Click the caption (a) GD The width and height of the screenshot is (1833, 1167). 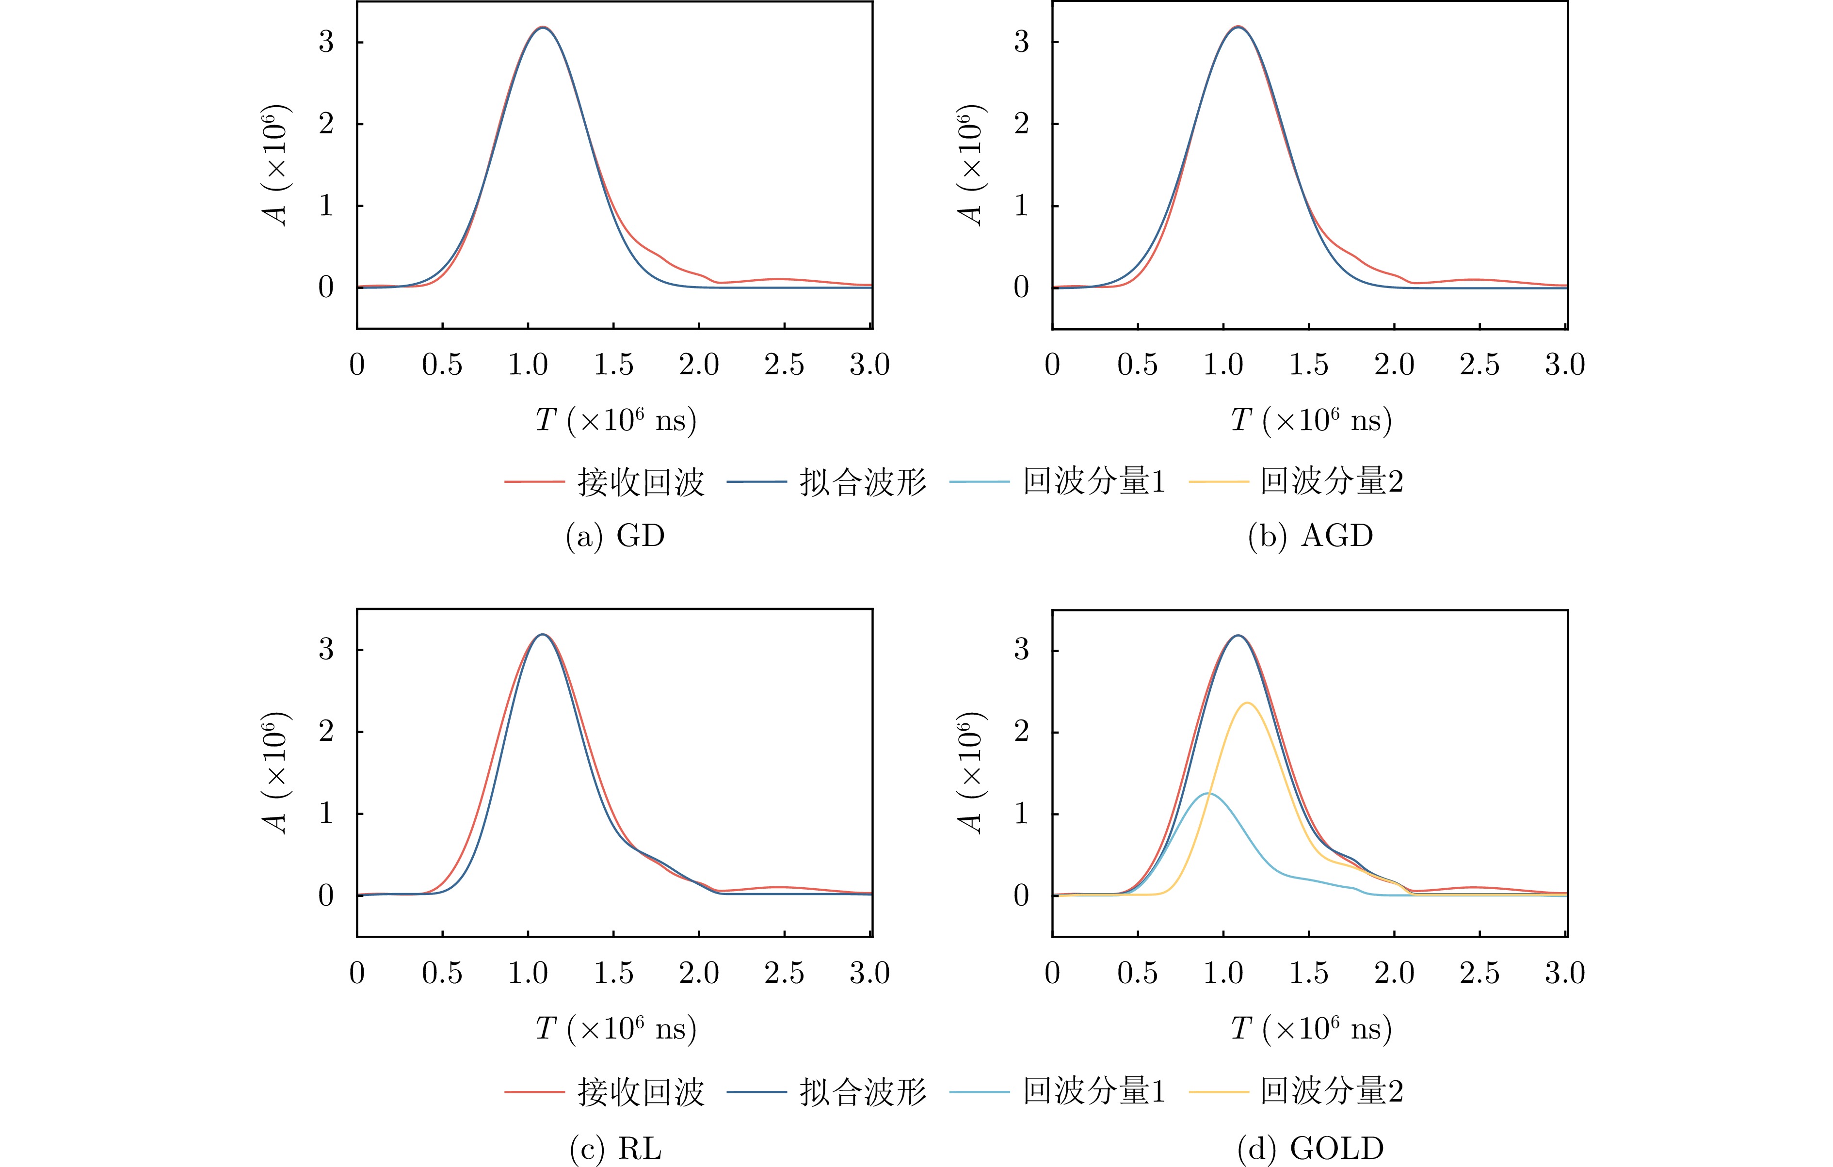(615, 536)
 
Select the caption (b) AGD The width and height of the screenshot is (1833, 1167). (1310, 536)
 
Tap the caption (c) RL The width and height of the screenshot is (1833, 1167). (615, 1148)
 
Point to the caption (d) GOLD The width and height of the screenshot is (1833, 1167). (1310, 1148)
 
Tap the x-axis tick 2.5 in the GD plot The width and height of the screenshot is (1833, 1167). (784, 365)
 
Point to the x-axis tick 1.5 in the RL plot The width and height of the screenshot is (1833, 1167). (613, 973)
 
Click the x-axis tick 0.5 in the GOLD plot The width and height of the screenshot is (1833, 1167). (1137, 973)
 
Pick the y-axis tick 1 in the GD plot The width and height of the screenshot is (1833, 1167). (326, 206)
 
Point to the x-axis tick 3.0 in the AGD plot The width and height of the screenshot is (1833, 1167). (1565, 365)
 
